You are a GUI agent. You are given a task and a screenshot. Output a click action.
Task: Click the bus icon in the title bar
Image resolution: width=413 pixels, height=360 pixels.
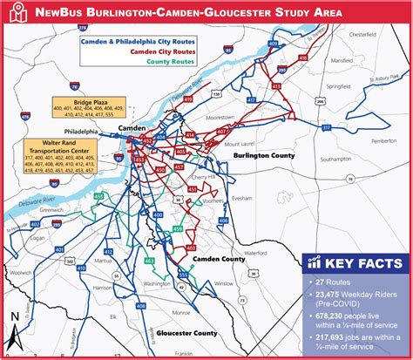pyautogui.click(x=16, y=12)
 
